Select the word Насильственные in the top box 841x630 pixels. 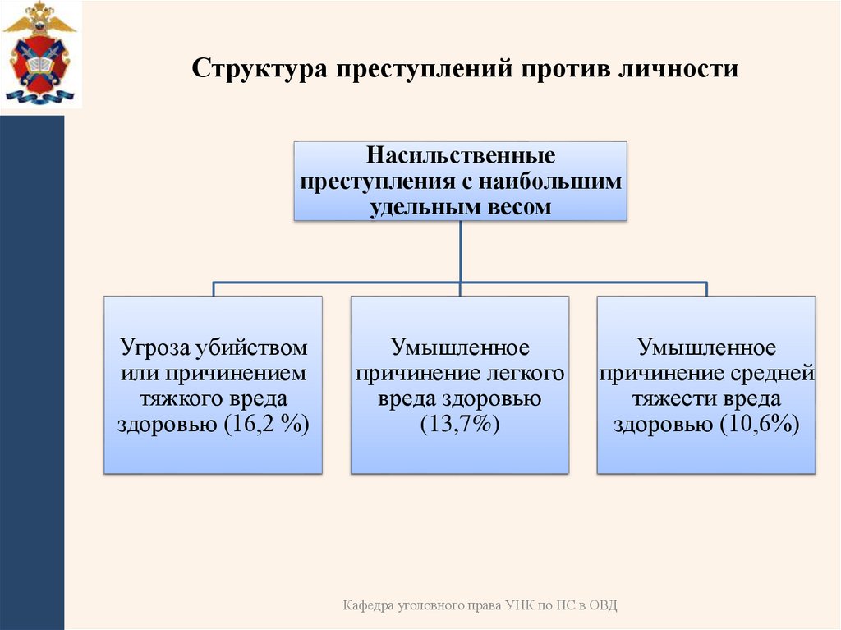(461, 154)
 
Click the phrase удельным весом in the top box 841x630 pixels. (461, 207)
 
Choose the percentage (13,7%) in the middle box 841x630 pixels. (460, 424)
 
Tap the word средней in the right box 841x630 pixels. (771, 374)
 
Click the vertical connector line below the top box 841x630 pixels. (461, 251)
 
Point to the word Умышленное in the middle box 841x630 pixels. (460, 347)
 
